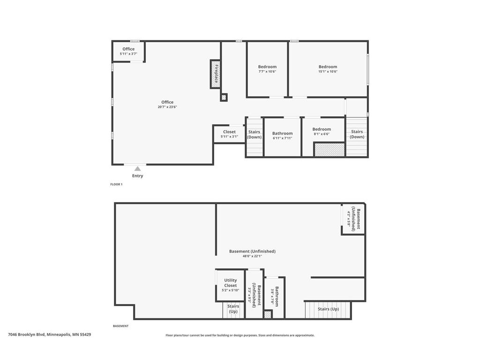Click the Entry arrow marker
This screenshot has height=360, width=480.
(x=137, y=169)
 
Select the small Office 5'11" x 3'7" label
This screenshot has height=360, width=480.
(x=128, y=51)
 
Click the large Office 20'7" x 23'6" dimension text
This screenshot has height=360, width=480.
(x=167, y=107)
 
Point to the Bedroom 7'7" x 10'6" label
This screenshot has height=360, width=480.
(x=267, y=69)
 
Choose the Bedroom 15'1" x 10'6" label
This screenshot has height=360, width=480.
(x=328, y=69)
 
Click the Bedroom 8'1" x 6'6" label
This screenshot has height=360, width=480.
(x=322, y=131)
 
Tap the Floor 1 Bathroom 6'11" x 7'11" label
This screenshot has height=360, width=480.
(x=282, y=135)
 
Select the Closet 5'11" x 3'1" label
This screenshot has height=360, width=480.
(x=229, y=134)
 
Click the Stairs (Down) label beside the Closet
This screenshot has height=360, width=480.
(x=255, y=135)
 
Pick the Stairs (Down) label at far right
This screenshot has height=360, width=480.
(x=357, y=135)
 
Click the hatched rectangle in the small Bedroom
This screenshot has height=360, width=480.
(x=330, y=150)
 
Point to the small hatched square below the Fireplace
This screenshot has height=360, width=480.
(x=224, y=97)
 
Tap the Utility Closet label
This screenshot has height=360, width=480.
(x=230, y=285)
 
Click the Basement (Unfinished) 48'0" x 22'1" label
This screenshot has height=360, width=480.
(x=252, y=253)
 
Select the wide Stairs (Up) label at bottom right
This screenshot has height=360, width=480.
(x=328, y=309)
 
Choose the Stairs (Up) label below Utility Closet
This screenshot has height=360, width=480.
(x=233, y=309)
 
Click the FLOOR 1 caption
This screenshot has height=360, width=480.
(x=116, y=185)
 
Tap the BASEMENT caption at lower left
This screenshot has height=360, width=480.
(x=120, y=326)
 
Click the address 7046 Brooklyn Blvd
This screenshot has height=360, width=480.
(x=50, y=335)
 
